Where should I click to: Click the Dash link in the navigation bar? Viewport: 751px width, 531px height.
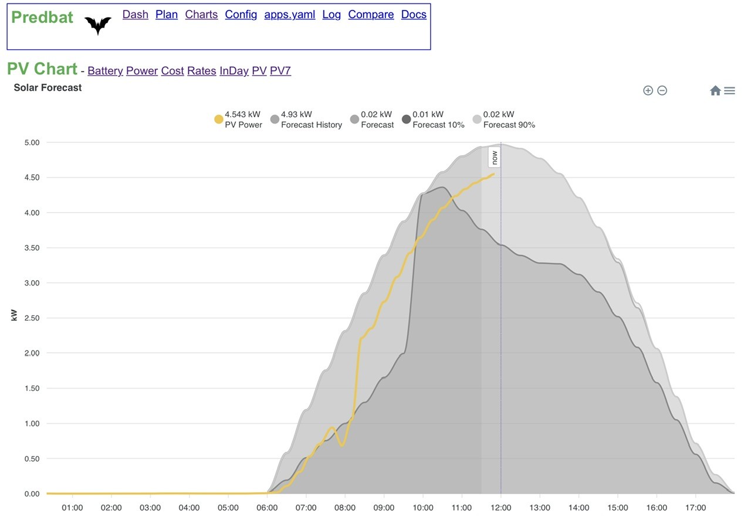coord(135,15)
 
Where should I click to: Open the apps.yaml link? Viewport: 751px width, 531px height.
coord(289,15)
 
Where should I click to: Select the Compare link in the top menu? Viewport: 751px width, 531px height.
coord(371,15)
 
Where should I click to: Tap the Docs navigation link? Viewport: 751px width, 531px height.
coord(414,15)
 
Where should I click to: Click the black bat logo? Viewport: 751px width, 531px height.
coord(98,25)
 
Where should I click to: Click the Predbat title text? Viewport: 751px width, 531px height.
coord(42,17)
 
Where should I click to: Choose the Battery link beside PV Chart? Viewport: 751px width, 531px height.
coord(105,71)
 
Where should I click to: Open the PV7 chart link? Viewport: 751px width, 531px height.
coord(280,71)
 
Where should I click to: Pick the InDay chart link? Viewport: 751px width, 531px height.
coord(234,71)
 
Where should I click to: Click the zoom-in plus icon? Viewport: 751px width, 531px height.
coord(648,90)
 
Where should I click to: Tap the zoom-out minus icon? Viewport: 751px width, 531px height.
coord(662,90)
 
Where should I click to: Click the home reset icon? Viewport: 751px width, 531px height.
coord(715,90)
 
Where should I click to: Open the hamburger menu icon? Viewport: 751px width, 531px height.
coord(729,91)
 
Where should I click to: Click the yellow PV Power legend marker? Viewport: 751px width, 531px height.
coord(219,119)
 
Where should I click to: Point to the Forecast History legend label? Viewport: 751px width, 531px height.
coord(311,125)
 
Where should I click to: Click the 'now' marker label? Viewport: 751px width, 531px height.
coord(494,157)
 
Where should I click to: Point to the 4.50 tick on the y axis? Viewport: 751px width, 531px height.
coord(32,178)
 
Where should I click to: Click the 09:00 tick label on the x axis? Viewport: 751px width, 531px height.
coord(384,508)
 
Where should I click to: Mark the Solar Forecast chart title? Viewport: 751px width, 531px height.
coord(48,88)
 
